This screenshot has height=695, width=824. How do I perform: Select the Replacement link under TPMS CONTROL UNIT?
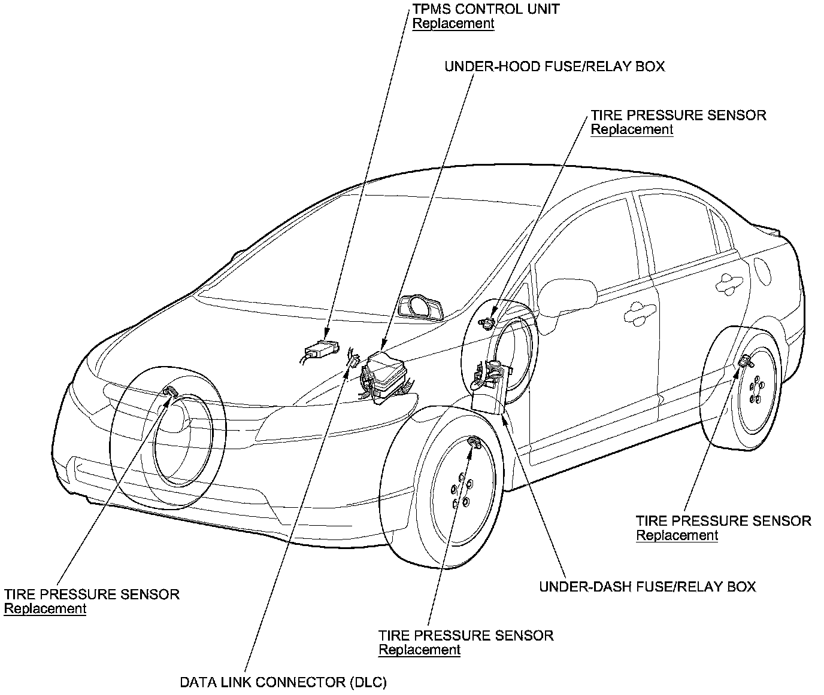click(x=453, y=24)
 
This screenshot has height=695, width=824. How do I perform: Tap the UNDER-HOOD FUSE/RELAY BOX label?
click(x=554, y=66)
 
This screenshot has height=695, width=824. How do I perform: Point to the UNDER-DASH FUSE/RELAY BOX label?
click(x=647, y=587)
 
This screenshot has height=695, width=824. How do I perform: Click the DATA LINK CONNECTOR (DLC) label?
click(x=284, y=682)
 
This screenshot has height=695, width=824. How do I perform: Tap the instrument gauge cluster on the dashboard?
click(x=422, y=307)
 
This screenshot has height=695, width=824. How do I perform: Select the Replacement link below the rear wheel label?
click(x=677, y=536)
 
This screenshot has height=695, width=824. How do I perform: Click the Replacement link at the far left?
click(x=45, y=609)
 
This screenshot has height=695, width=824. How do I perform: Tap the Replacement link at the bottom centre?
click(x=419, y=650)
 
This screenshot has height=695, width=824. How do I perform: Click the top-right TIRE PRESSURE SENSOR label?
click(x=678, y=115)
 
